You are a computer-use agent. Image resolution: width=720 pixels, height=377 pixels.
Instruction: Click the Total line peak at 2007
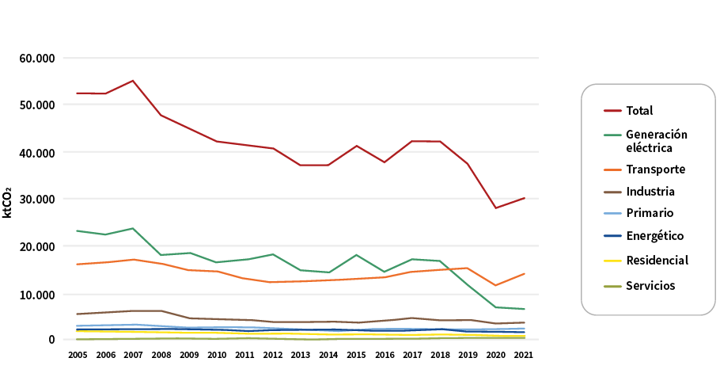click(133, 81)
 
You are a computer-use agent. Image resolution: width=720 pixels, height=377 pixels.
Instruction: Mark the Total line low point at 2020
click(495, 208)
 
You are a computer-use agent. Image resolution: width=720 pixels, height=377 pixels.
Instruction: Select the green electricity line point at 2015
click(356, 255)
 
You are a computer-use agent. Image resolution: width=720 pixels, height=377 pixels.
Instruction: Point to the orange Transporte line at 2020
click(495, 285)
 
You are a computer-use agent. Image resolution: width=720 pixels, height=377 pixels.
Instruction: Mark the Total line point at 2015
click(356, 146)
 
